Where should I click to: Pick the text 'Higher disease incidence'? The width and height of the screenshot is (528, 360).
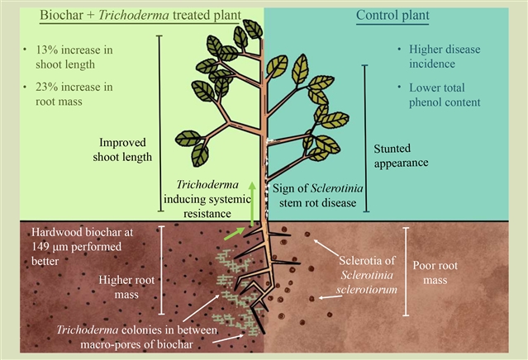pyautogui.click(x=444, y=54)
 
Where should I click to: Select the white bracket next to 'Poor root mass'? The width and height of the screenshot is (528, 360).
pyautogui.click(x=406, y=272)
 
